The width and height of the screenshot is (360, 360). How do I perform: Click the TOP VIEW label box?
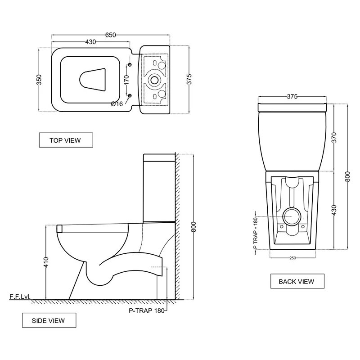tap(65, 140)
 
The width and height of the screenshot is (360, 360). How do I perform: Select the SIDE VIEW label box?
tap(49, 320)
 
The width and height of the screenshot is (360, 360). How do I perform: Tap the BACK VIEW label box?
tap(296, 281)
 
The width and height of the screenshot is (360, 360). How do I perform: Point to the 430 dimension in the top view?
tap(90, 42)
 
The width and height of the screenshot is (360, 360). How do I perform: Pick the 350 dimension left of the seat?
tap(39, 80)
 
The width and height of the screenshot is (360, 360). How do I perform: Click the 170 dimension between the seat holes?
tap(126, 81)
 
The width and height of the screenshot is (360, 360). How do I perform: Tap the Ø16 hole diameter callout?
tap(117, 104)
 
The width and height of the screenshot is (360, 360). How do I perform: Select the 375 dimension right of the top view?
tap(189, 79)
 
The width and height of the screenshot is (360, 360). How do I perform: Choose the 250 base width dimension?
tap(292, 258)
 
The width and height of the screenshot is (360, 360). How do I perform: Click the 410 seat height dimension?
tap(46, 262)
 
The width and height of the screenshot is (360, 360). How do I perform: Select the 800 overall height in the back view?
tap(347, 175)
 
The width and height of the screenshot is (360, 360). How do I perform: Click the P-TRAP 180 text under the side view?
tap(147, 310)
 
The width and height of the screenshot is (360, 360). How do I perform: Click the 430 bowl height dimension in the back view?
tap(334, 210)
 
